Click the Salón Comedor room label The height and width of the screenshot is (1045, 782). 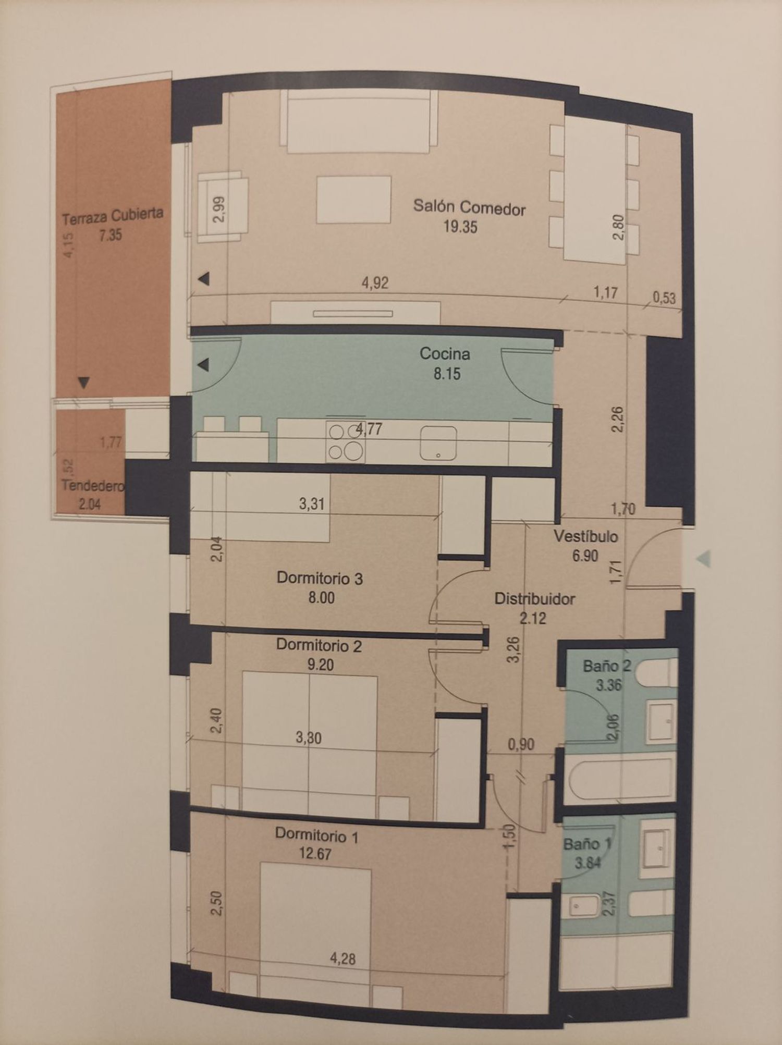469,207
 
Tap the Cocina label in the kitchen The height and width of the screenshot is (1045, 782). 445,354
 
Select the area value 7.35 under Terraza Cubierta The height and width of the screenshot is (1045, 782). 110,235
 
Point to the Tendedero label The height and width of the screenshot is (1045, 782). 93,486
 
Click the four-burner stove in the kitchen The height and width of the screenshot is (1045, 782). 345,441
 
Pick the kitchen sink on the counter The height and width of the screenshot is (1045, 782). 438,443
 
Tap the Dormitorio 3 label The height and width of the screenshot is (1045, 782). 320,578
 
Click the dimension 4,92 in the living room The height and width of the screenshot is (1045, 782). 375,283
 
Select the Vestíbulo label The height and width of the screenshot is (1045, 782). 585,536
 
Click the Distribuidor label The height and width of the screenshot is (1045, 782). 534,599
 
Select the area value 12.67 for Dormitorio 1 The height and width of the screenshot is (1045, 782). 315,854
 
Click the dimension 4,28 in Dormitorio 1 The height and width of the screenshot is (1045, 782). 343,958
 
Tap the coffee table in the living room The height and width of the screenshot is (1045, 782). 353,199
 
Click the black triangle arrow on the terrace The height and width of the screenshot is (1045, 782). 83,383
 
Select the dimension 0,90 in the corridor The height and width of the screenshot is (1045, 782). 521,744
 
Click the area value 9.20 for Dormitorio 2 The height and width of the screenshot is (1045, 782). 320,665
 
